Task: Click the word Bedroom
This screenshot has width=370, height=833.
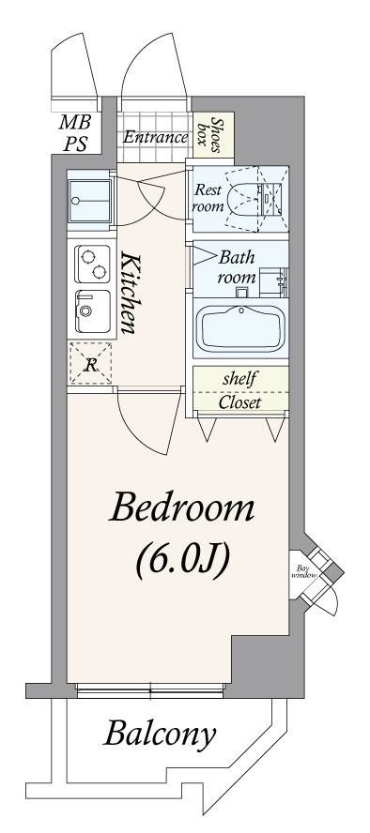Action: click(182, 507)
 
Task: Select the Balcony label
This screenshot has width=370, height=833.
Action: click(160, 735)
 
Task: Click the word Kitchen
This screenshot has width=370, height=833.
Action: click(130, 294)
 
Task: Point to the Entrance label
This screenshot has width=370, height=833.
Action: click(155, 138)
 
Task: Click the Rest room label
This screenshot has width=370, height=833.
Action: click(208, 198)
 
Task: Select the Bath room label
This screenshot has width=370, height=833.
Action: click(237, 267)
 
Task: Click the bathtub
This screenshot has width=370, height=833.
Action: click(240, 327)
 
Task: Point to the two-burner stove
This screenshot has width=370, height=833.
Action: click(92, 264)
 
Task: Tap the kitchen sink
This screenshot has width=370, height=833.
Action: click(92, 311)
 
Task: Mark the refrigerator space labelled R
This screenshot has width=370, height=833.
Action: click(91, 363)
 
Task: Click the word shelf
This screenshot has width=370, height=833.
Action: click(239, 379)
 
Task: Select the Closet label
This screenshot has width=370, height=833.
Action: click(239, 402)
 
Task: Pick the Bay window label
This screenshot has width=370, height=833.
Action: click(303, 571)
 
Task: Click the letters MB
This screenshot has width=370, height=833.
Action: click(75, 122)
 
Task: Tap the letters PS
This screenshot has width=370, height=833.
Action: click(75, 144)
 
